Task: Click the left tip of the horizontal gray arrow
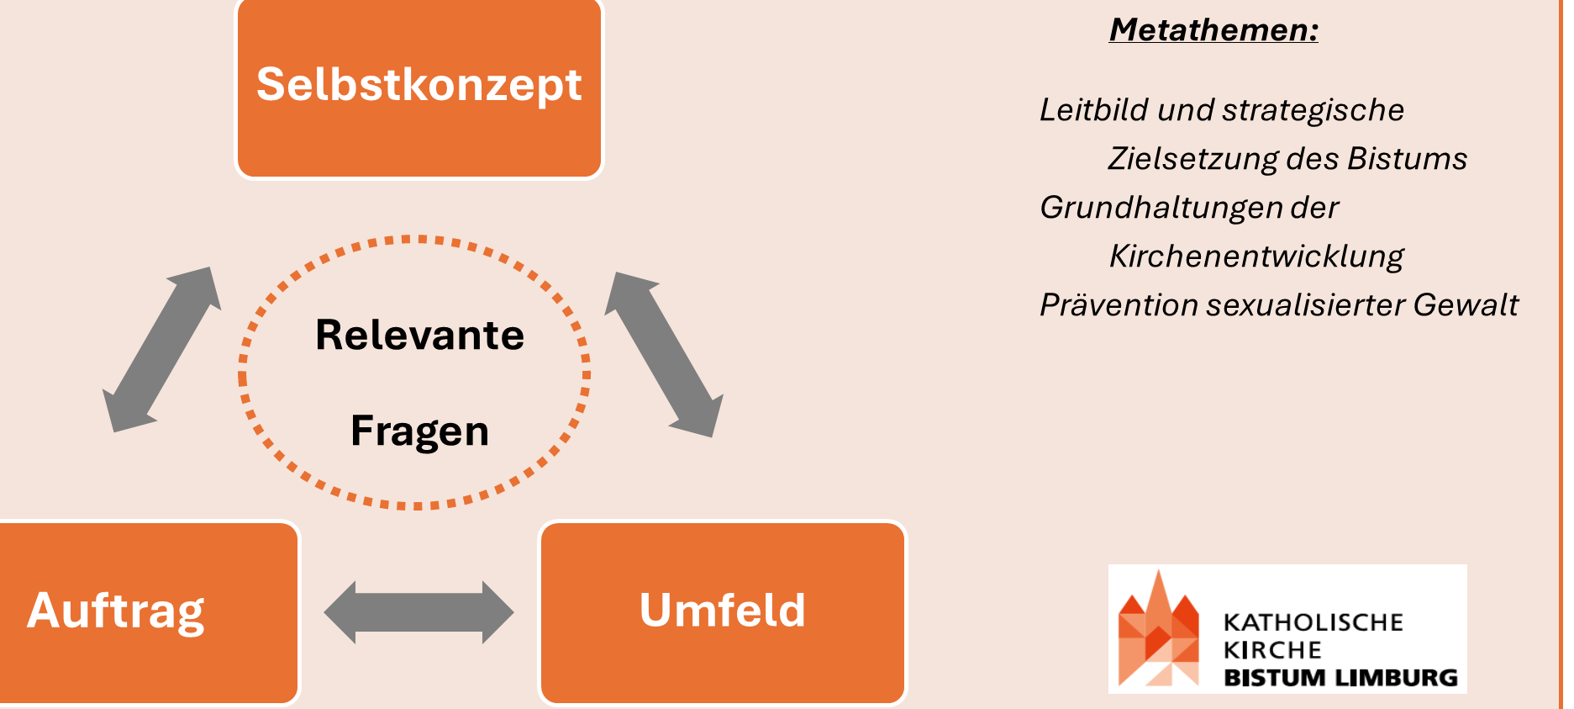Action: (324, 612)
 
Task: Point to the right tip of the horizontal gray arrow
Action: (513, 612)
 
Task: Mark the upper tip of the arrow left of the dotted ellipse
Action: (210, 267)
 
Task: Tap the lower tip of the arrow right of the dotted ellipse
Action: (713, 437)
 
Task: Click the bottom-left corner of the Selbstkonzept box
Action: (237, 177)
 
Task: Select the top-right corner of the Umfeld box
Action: (906, 522)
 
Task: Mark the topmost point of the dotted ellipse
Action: (414, 239)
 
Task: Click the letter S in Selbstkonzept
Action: (271, 84)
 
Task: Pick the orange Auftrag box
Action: (150, 613)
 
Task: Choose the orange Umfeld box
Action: (723, 613)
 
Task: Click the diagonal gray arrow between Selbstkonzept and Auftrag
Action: (161, 350)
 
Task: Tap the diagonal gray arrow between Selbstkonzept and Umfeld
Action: (664, 355)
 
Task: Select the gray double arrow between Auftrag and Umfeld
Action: (419, 612)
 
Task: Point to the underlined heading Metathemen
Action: (1213, 30)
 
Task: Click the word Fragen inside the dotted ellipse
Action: (419, 432)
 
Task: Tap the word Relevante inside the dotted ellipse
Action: (419, 335)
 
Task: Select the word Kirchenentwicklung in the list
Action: (1256, 257)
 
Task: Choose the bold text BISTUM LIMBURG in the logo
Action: (1340, 678)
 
